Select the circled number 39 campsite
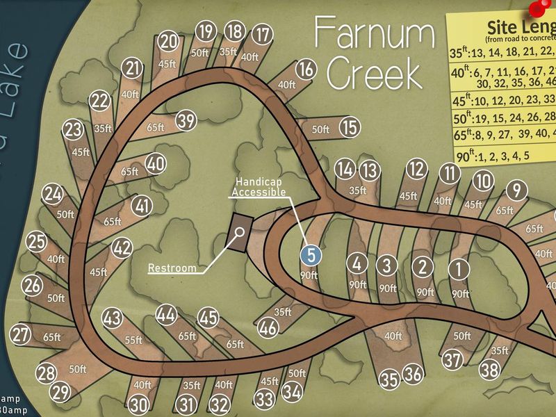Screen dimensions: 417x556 pos(185,121)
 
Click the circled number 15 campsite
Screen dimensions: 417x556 pos(350,127)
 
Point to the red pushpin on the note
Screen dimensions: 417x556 pos(537,8)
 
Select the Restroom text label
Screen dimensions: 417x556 pos(172,268)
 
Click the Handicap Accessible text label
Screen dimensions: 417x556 pos(258,186)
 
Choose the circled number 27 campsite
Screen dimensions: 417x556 pos(20,335)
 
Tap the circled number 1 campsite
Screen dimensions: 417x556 pos(459,268)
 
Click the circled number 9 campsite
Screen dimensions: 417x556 pos(515,189)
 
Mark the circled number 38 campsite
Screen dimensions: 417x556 pos(489,370)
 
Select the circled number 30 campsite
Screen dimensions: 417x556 pos(138,404)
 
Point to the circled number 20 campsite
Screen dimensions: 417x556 pos(168,42)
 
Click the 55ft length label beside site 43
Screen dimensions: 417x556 pos(133,340)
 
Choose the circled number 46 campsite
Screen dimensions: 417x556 pos(268,327)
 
